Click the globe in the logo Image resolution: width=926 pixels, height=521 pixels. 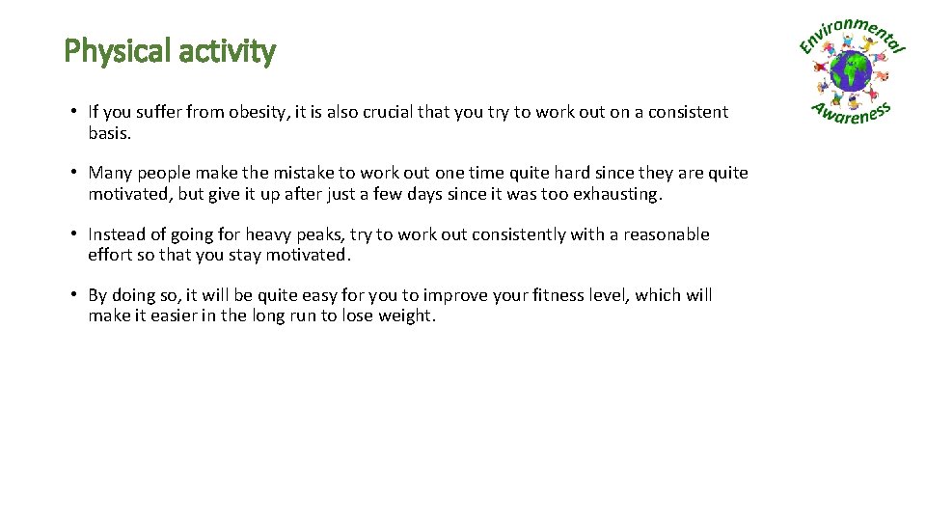click(x=852, y=71)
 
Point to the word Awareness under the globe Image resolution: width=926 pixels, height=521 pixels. click(x=850, y=115)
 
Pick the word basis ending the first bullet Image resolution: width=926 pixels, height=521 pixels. click(x=108, y=133)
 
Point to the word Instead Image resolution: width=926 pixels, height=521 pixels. click(x=119, y=234)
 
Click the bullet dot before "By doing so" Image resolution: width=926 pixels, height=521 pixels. click(x=73, y=295)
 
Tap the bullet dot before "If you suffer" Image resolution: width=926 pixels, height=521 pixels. click(x=73, y=112)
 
